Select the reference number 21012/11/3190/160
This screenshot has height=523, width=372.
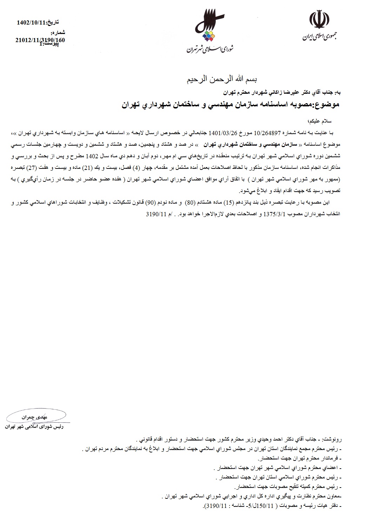coord(40,40)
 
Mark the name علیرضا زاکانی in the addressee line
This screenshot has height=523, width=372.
coord(271,93)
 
